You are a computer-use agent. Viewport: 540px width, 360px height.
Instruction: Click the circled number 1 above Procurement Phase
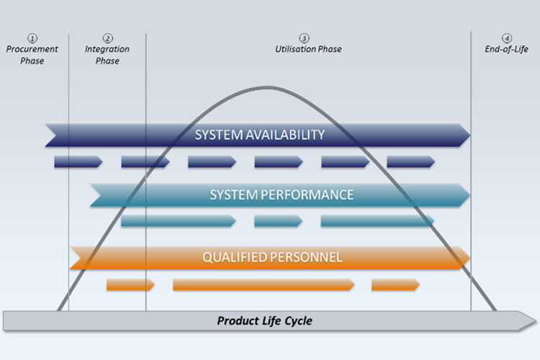click(x=32, y=38)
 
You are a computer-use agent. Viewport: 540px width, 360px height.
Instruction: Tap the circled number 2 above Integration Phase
click(x=108, y=38)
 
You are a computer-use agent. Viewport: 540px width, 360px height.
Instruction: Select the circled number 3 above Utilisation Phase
click(x=305, y=38)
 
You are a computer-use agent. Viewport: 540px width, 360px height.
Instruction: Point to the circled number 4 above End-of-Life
click(x=507, y=38)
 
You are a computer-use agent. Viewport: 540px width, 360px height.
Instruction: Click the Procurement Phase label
click(x=32, y=55)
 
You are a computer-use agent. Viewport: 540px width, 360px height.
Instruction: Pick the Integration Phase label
click(x=107, y=55)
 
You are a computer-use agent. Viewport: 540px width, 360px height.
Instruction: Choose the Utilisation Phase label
click(x=308, y=49)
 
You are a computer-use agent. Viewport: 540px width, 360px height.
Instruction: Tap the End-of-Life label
click(x=507, y=49)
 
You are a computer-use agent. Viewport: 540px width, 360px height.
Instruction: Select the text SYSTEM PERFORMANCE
click(x=282, y=195)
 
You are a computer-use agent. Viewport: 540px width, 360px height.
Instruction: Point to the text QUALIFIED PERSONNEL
click(x=271, y=257)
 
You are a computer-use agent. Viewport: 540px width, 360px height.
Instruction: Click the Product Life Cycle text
click(x=265, y=320)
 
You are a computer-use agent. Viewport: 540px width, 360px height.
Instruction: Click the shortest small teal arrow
click(x=278, y=221)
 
